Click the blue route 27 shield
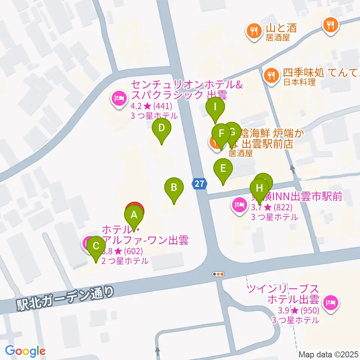(x=200, y=184)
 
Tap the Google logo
(x=25, y=351)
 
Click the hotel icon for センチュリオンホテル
(x=119, y=99)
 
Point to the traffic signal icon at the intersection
(x=218, y=274)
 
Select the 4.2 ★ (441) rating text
(x=154, y=106)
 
